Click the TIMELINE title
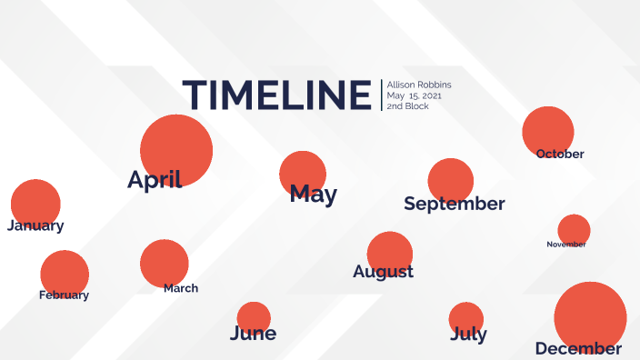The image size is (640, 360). pyautogui.click(x=276, y=95)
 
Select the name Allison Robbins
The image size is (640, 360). pyautogui.click(x=419, y=85)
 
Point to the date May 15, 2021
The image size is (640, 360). pyautogui.click(x=414, y=95)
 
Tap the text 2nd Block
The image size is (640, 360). pyautogui.click(x=408, y=106)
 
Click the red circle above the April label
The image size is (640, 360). pyautogui.click(x=176, y=150)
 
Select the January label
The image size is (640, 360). pyautogui.click(x=35, y=225)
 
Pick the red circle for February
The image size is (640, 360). pyautogui.click(x=65, y=275)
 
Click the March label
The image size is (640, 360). pyautogui.click(x=181, y=288)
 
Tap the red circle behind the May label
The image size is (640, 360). pyautogui.click(x=303, y=174)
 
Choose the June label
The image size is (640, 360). pyautogui.click(x=253, y=333)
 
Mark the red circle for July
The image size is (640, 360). pyautogui.click(x=466, y=319)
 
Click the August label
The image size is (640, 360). pyautogui.click(x=383, y=272)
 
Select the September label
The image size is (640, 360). pyautogui.click(x=455, y=204)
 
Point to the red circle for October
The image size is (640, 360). pyautogui.click(x=548, y=132)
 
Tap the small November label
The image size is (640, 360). pyautogui.click(x=566, y=244)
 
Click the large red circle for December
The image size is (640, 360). pyautogui.click(x=590, y=317)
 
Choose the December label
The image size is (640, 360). pyautogui.click(x=578, y=348)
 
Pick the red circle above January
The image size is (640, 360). pyautogui.click(x=35, y=204)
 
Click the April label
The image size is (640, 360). pyautogui.click(x=155, y=180)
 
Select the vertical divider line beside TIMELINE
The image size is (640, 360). pyautogui.click(x=382, y=95)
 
